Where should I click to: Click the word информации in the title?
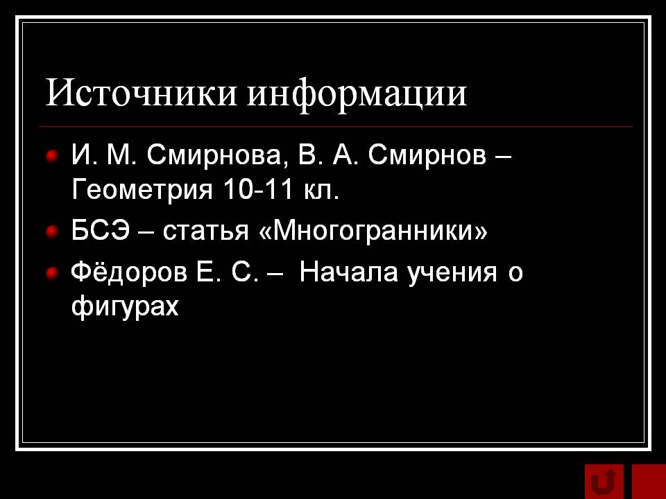coord(357,94)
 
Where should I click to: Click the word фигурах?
coord(125,306)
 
